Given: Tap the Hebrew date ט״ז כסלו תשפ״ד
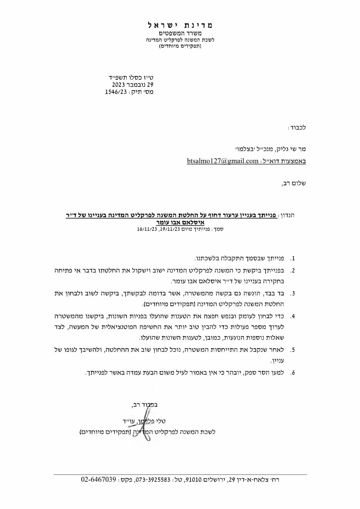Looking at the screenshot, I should tap(131, 77).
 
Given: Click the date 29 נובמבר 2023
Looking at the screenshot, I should tap(133, 85).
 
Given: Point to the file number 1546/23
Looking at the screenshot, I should tap(116, 92).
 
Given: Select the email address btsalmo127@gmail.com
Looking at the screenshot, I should tap(222, 161).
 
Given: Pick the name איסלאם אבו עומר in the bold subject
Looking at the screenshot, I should tap(180, 223).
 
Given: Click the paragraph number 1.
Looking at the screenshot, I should tap(293, 259).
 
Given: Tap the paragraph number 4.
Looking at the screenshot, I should tap(293, 316).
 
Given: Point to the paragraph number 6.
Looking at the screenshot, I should tap(293, 373).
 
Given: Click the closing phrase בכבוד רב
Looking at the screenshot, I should tap(145, 405).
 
